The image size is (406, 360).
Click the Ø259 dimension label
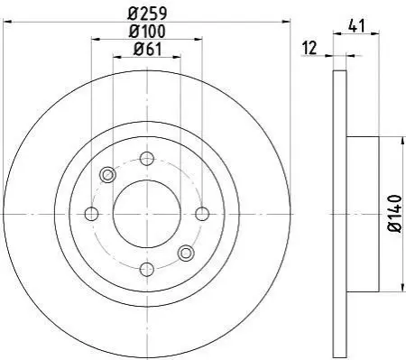click(147, 14)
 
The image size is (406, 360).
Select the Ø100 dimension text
click(147, 32)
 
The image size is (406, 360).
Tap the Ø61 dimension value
click(147, 50)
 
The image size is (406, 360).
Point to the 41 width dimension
click(356, 26)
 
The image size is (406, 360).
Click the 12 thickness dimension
click(309, 48)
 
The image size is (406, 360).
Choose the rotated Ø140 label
click(394, 214)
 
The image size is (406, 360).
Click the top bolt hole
click(147, 159)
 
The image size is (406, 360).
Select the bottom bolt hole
click(147, 269)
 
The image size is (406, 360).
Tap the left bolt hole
click(92, 214)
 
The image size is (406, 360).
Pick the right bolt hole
click(202, 214)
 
